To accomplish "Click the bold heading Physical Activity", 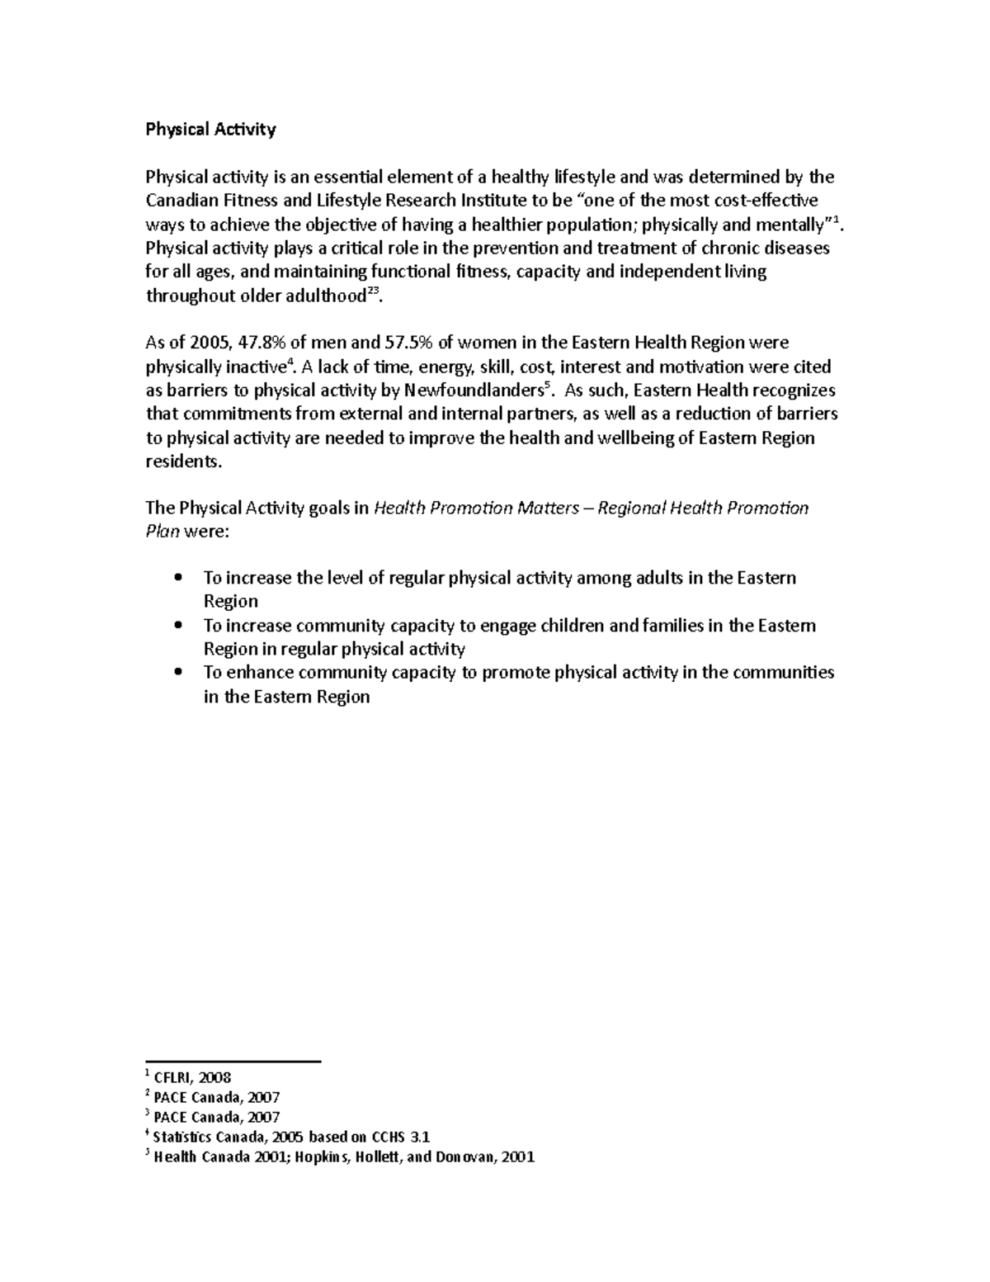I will pos(210,129).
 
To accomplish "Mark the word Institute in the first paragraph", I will pos(496,201).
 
